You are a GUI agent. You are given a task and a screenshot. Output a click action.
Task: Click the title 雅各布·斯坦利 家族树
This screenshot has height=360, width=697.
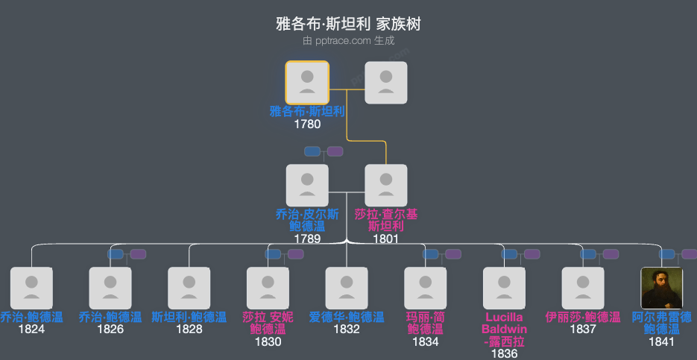pyautogui.click(x=348, y=24)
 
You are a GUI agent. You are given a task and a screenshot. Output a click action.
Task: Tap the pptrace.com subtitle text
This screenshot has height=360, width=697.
pyautogui.click(x=348, y=41)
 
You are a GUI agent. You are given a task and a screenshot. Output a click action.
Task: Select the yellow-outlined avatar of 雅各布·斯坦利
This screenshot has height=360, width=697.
pyautogui.click(x=307, y=83)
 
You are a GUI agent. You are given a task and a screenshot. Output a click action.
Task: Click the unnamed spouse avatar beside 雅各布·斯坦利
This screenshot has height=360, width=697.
pyautogui.click(x=385, y=83)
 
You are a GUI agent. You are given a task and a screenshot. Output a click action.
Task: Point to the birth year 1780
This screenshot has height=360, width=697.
pyautogui.click(x=307, y=124)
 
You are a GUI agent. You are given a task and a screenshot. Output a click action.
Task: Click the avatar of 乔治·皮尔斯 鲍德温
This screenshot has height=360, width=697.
pyautogui.click(x=307, y=186)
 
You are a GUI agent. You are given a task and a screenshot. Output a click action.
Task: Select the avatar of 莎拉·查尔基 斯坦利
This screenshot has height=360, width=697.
pyautogui.click(x=385, y=186)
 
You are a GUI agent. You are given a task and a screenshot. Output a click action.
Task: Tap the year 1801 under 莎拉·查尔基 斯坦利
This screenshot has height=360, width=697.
pyautogui.click(x=385, y=239)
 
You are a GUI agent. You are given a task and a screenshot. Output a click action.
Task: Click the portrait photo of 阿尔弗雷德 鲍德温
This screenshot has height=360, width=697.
pyautogui.click(x=662, y=288)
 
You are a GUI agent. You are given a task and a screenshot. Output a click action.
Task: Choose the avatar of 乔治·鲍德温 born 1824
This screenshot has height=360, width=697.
pyautogui.click(x=31, y=288)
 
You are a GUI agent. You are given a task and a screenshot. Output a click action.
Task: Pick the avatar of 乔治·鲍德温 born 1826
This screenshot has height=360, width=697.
pyautogui.click(x=110, y=288)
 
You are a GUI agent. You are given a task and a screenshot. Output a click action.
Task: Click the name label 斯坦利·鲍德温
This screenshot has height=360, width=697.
pyautogui.click(x=189, y=317)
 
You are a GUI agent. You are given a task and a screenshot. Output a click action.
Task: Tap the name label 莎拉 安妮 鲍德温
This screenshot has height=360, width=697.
pyautogui.click(x=268, y=323)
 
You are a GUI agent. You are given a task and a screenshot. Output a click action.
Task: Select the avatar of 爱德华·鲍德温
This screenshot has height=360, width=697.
pyautogui.click(x=347, y=288)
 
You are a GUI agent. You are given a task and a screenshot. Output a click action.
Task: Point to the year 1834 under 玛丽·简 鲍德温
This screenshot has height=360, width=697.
pyautogui.click(x=426, y=341)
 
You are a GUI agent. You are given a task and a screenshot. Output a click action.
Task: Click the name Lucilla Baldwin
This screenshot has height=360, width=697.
pyautogui.click(x=505, y=323)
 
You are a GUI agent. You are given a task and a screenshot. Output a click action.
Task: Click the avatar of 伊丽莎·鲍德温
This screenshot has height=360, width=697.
pyautogui.click(x=583, y=288)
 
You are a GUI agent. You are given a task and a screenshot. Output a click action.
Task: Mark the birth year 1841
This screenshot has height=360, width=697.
pyautogui.click(x=662, y=341)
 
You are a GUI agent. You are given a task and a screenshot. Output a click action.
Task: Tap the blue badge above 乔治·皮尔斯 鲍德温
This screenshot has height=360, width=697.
pyautogui.click(x=312, y=151)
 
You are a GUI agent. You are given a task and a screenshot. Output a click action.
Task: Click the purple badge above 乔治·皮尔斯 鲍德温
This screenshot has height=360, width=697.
pyautogui.click(x=335, y=151)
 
